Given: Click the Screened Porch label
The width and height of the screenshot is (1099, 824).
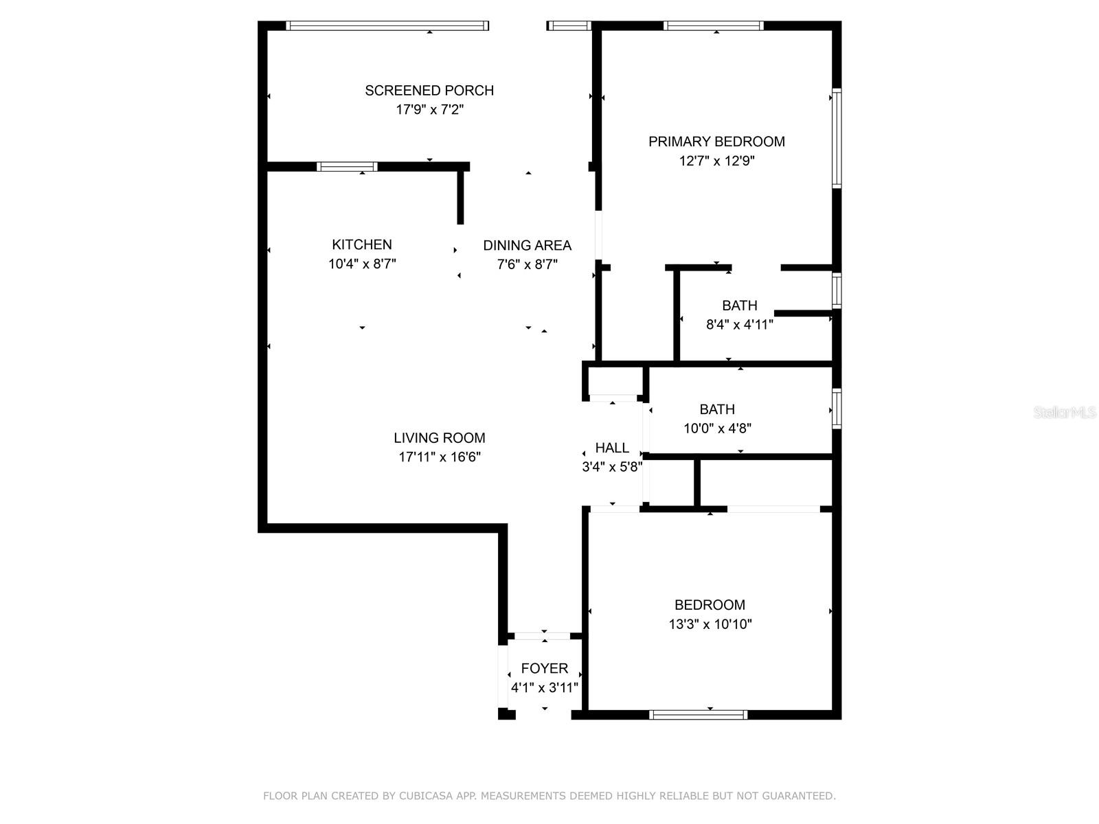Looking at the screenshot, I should (x=429, y=91).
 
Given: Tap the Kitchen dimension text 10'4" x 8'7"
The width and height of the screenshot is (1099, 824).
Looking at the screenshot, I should (x=362, y=264).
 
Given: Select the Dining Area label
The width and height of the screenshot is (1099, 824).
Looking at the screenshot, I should (x=527, y=245).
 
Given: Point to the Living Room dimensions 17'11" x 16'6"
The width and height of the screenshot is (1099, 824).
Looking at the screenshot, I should (x=440, y=457).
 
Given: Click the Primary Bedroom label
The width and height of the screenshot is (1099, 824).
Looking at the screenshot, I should (x=716, y=141).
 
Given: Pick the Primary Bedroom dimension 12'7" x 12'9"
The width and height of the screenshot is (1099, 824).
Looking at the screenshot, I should (x=716, y=161).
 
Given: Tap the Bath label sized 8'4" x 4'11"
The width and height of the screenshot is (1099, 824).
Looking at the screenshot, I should (x=739, y=306).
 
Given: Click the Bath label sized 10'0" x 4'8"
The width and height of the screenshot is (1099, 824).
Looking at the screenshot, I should (x=717, y=409).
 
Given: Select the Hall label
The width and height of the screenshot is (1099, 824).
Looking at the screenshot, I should (x=612, y=448).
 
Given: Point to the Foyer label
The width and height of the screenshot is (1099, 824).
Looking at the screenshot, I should (x=544, y=668).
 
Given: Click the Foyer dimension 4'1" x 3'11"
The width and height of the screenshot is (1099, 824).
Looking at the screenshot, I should (x=544, y=687).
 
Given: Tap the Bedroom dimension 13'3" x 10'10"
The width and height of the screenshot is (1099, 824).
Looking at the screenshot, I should (x=710, y=624).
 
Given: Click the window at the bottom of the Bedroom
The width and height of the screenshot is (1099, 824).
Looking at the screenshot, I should (x=699, y=715).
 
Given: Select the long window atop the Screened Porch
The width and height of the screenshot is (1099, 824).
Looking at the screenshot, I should (x=387, y=26).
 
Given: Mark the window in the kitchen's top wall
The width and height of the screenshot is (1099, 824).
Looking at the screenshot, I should (x=347, y=166).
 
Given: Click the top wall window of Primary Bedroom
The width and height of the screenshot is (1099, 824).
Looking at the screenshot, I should (x=714, y=26).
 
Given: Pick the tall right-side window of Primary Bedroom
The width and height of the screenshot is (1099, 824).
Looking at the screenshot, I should (x=837, y=138).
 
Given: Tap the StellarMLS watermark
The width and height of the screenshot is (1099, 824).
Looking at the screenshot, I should (x=1065, y=413).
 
